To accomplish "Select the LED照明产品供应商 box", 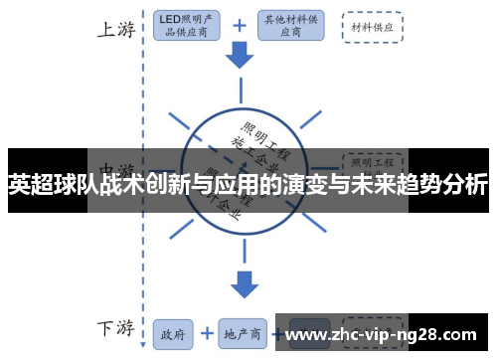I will coord(191,26).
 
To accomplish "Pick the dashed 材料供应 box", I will coord(373,27).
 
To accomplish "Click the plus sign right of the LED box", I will coord(240,26).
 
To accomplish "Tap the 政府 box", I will coord(172,334).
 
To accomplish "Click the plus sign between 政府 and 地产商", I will coord(207,334).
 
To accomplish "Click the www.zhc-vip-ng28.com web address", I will coord(382,334).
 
